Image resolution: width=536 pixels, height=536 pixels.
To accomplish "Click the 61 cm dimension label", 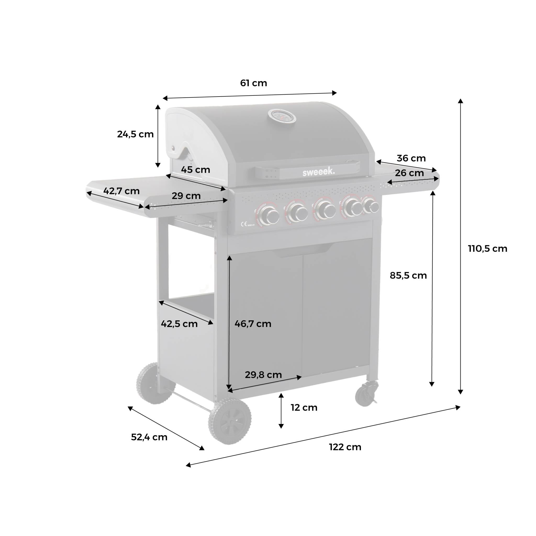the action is (x=253, y=83).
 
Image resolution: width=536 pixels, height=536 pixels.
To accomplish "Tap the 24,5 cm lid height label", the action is (x=135, y=134).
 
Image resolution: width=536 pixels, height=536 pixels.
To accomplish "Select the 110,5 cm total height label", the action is (x=487, y=249).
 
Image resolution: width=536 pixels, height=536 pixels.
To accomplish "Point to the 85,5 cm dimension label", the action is (x=408, y=276).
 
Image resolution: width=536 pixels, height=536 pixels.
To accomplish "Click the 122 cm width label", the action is (x=345, y=447).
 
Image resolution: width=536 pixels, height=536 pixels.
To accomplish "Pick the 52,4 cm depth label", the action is (x=149, y=437).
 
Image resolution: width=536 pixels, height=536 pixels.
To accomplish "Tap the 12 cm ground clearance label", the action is (x=304, y=407).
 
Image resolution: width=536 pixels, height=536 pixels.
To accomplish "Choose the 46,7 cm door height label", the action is (x=253, y=324).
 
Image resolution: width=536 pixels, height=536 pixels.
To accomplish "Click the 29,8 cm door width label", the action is (x=263, y=375).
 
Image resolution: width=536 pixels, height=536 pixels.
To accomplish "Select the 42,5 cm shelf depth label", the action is (x=179, y=324).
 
